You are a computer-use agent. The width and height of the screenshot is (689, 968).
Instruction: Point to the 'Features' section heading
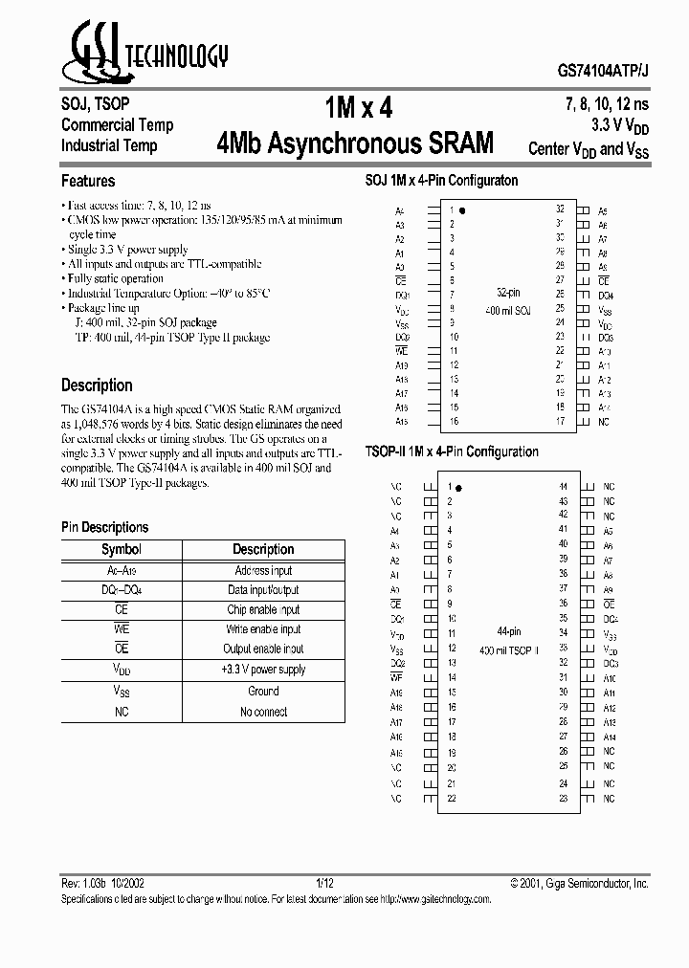[x=88, y=181]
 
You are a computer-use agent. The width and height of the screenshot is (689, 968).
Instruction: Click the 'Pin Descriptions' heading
[x=105, y=527]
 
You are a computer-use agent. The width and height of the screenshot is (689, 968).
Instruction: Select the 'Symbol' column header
[x=122, y=549]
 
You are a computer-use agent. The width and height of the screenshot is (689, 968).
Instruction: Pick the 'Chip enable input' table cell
[x=263, y=609]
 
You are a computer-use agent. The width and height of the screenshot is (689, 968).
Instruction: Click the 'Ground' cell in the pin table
[x=263, y=691]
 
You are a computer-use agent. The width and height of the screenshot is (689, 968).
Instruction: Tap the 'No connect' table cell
[x=263, y=712]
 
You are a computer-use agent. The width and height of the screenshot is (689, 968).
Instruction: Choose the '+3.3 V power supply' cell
[x=263, y=670]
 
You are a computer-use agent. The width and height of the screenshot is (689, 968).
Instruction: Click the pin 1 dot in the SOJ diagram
[x=463, y=209]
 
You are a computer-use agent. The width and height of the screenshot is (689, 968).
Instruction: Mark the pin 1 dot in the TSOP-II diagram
[x=460, y=488]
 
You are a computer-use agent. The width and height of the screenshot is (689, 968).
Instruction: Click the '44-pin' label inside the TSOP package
[x=508, y=632]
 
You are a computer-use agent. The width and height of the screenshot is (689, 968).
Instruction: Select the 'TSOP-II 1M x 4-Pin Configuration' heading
[x=452, y=451]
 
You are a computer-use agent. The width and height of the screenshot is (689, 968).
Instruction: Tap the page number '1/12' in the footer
[x=325, y=883]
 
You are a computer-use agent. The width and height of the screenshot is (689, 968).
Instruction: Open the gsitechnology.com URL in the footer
[x=436, y=900]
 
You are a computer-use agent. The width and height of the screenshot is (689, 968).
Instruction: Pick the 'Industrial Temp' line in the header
[x=109, y=145]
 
